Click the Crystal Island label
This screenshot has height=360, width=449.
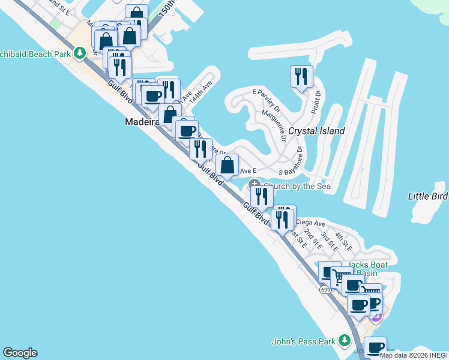click(x=316, y=131)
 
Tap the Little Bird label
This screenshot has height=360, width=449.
click(x=428, y=196)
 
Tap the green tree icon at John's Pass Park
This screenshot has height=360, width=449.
click(x=344, y=341)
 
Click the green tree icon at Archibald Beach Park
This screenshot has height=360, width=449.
click(x=80, y=53)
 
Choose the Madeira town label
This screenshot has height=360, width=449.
click(x=142, y=121)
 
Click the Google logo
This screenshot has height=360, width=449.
click(x=20, y=353)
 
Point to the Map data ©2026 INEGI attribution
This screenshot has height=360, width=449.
click(x=414, y=355)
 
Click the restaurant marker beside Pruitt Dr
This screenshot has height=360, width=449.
click(x=301, y=76)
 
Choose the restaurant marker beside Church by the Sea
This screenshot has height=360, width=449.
click(x=262, y=196)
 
